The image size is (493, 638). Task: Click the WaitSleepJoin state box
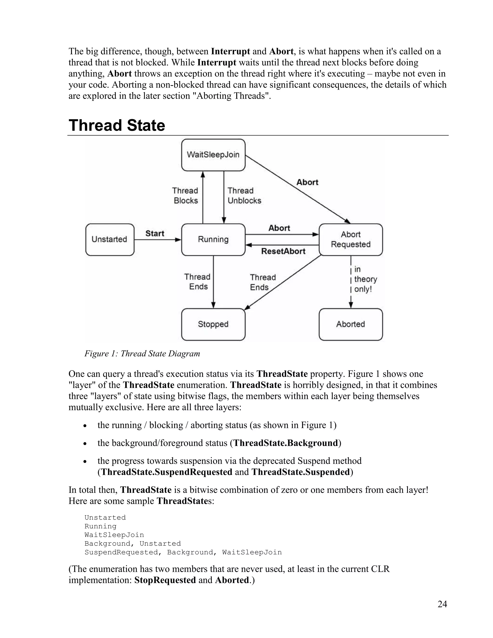click(213, 155)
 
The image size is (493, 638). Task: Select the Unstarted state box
click(110, 240)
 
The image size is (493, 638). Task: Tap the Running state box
click(213, 240)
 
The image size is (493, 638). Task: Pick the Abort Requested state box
click(350, 240)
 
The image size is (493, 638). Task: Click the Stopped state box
click(213, 324)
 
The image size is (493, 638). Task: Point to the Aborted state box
click(350, 324)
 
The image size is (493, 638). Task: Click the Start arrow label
click(155, 233)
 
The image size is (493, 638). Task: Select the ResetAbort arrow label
click(283, 251)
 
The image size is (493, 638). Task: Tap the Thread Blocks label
click(185, 196)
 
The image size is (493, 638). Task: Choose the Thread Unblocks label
click(244, 196)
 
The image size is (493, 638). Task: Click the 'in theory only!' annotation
click(365, 279)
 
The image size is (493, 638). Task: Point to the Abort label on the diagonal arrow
click(307, 182)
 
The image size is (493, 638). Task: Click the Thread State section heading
click(117, 125)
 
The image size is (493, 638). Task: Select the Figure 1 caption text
click(142, 353)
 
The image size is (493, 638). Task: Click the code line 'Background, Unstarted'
click(133, 543)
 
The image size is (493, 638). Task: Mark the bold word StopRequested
click(165, 580)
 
